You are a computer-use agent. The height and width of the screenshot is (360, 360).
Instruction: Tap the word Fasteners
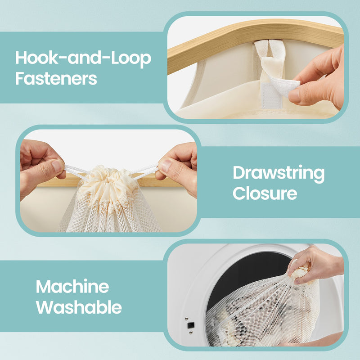tap(56, 78)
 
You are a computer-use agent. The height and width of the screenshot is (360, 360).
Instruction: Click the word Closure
tap(265, 193)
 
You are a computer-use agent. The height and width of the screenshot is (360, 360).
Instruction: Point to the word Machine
tap(72, 287)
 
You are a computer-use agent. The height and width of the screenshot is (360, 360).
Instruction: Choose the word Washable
tap(79, 307)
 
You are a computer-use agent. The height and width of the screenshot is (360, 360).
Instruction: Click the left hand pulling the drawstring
tap(40, 164)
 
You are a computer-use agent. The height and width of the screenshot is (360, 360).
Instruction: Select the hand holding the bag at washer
tap(315, 265)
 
